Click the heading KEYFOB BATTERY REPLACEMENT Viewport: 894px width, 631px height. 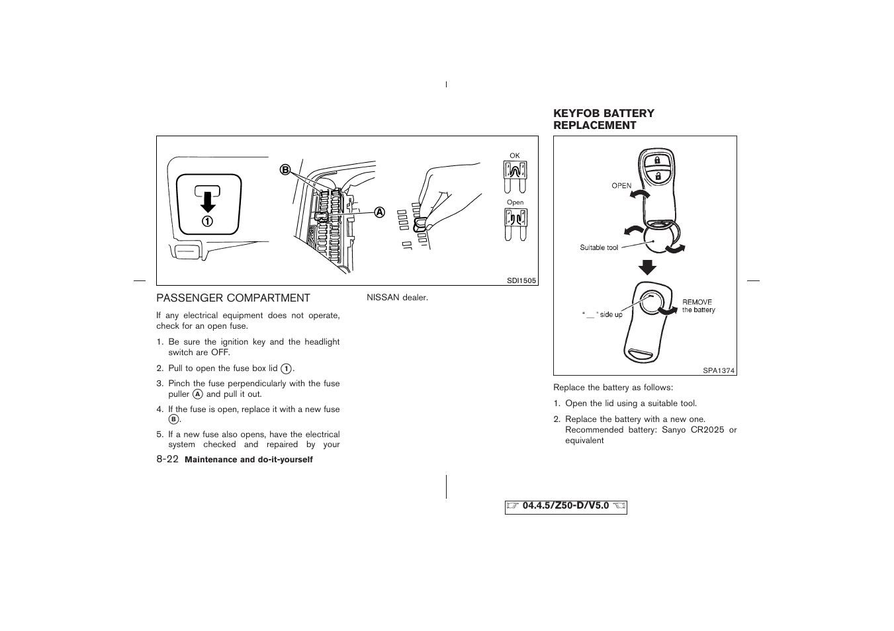603,119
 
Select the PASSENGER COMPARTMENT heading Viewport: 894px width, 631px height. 233,298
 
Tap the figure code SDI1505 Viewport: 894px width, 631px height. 521,280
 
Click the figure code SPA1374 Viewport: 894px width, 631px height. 719,370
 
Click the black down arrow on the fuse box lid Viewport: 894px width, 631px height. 208,200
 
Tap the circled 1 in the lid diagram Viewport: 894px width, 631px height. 208,221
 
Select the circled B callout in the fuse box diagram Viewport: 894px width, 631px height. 285,170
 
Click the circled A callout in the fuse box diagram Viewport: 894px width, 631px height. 379,212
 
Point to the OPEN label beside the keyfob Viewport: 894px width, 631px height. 621,186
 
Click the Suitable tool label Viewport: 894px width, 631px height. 599,247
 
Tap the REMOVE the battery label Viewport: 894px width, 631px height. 698,306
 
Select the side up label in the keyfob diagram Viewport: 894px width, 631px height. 602,315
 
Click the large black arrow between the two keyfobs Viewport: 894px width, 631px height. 647,267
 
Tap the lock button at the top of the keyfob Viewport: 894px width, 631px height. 657,161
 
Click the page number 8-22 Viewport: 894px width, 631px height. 167,459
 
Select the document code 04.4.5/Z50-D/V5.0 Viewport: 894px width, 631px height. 565,506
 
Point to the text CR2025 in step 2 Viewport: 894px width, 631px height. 707,430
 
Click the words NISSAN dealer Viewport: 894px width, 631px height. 397,298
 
